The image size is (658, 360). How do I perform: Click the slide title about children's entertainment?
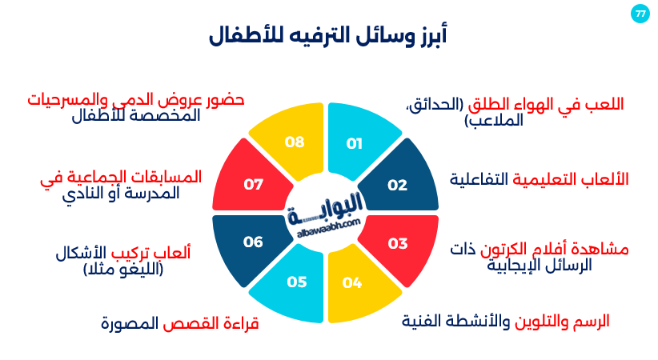[x=328, y=36]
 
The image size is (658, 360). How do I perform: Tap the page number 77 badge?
[x=640, y=14]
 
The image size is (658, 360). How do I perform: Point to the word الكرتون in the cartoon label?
[x=505, y=249]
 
